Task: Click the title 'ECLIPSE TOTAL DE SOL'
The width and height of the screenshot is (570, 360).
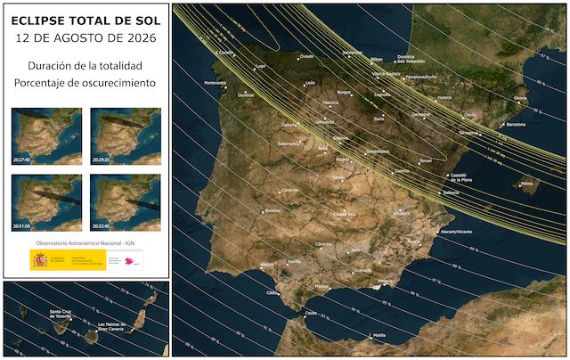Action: [x=85, y=18]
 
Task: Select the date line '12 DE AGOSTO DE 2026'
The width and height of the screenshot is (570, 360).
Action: [x=85, y=37]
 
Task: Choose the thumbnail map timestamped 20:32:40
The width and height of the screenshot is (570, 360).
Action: [x=126, y=202]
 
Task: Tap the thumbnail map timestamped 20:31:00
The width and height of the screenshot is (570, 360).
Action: [x=47, y=202]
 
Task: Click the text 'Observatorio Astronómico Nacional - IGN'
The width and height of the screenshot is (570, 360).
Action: [x=85, y=241]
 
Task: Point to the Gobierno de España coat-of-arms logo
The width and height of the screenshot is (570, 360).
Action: [x=39, y=259]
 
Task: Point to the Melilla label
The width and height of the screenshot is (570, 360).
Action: [x=379, y=335]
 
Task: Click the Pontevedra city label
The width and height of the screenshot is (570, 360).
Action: [x=216, y=84]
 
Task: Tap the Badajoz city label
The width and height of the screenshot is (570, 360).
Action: [x=272, y=211]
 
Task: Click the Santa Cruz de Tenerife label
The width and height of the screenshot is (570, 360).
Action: [x=41, y=315]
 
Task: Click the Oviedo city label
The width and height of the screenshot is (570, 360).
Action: [x=306, y=56]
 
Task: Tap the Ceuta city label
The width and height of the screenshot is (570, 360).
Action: [x=310, y=313]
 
